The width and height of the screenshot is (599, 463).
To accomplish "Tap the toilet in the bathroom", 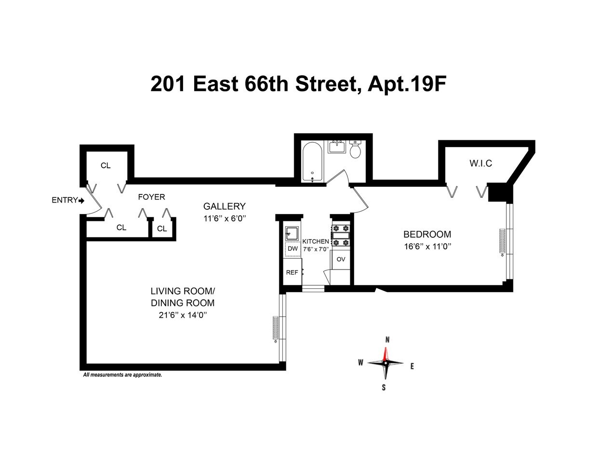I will [x=356, y=150].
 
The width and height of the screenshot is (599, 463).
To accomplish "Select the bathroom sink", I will [x=336, y=146].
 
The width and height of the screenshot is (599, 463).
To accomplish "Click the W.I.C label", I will [x=480, y=163].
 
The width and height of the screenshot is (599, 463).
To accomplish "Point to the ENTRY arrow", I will [x=81, y=200].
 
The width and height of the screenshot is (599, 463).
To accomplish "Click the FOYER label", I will [x=151, y=197].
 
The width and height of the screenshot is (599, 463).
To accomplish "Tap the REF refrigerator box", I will [x=292, y=272].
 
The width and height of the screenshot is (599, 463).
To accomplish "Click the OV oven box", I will [x=341, y=259].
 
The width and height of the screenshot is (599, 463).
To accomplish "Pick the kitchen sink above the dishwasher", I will [x=292, y=233].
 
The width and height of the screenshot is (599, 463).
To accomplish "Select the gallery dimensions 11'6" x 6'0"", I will [x=224, y=218].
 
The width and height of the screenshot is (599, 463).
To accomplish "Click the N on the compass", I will [x=387, y=340].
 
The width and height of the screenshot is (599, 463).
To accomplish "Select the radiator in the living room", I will [x=276, y=329].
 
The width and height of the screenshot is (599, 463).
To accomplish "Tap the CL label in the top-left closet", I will [x=106, y=165].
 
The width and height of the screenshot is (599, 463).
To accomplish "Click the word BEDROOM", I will [x=427, y=234].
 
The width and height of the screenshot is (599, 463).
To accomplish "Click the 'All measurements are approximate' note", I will [x=122, y=374].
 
